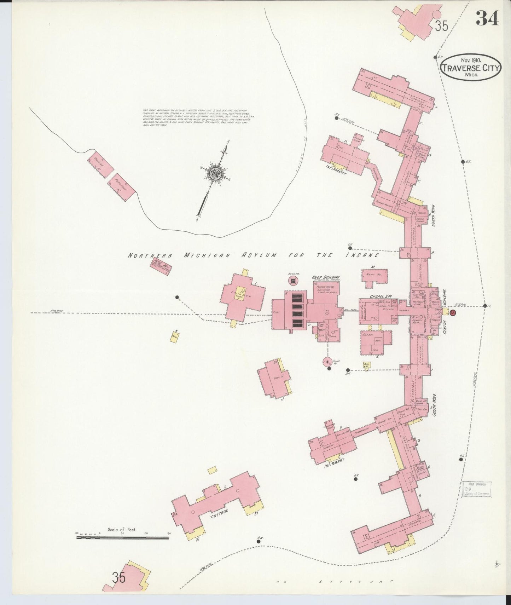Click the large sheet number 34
pos(487,18)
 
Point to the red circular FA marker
pos(454,313)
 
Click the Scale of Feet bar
pos(123,538)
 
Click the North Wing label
pos(432,217)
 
